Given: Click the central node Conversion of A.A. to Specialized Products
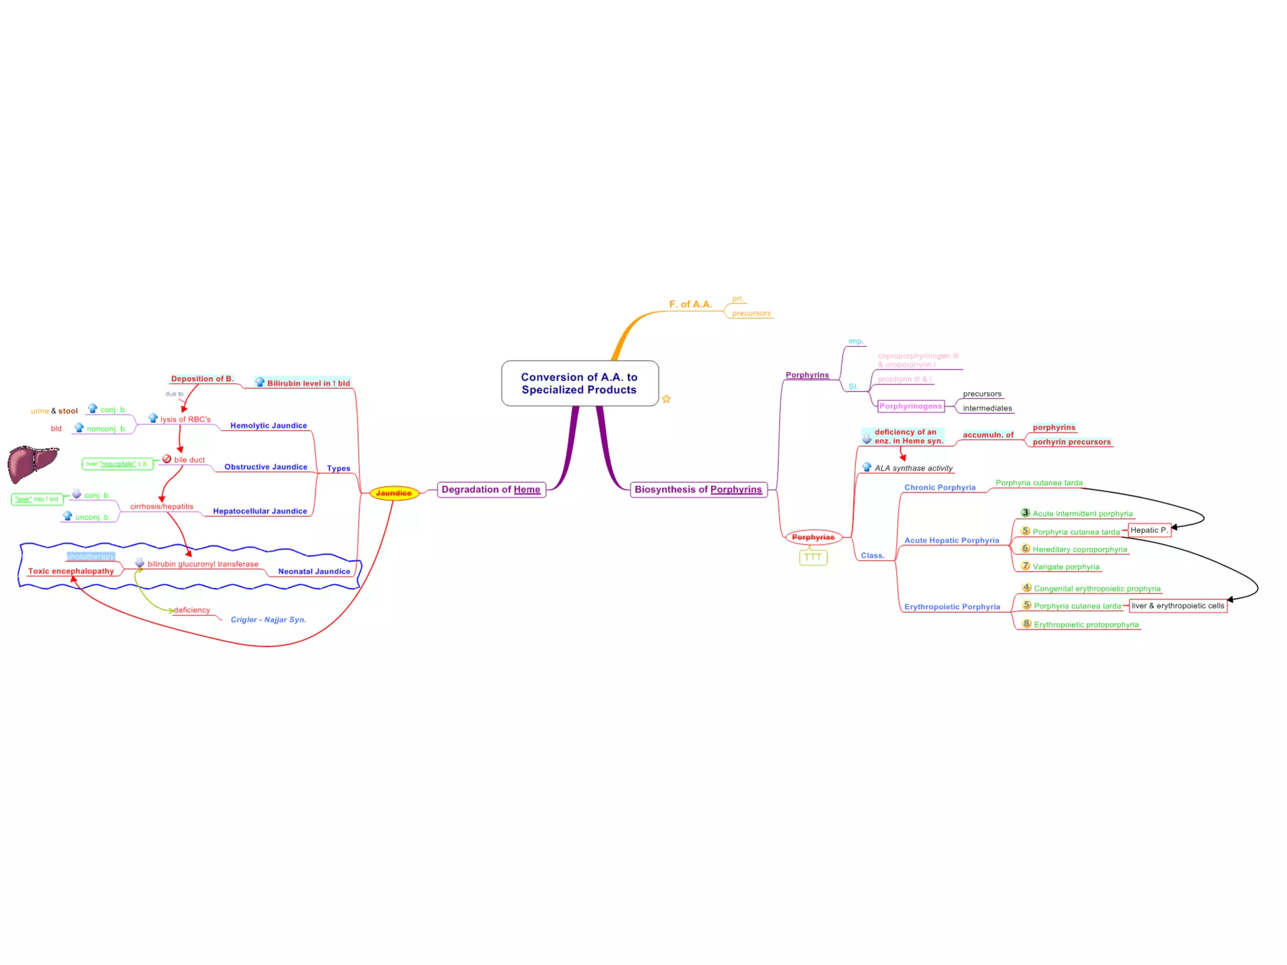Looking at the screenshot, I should pyautogui.click(x=579, y=383).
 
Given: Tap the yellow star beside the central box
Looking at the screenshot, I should pyautogui.click(x=666, y=399).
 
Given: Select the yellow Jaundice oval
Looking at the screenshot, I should pyautogui.click(x=394, y=493).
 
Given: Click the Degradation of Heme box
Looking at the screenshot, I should pyautogui.click(x=491, y=489).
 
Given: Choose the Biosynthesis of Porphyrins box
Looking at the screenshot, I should pyautogui.click(x=698, y=489).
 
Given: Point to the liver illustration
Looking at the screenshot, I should pyautogui.click(x=32, y=464).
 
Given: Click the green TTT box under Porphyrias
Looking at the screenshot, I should pyautogui.click(x=813, y=557).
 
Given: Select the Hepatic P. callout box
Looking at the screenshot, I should pyautogui.click(x=1149, y=530).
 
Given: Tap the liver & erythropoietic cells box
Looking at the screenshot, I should pyautogui.click(x=1178, y=606).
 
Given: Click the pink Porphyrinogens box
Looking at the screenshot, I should pyautogui.click(x=911, y=406).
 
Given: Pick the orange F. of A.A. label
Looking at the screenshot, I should pyautogui.click(x=690, y=304).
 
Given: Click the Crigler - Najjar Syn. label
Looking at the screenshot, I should pyautogui.click(x=268, y=619).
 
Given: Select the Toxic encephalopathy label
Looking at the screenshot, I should pyautogui.click(x=71, y=571).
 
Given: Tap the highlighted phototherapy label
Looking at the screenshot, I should pyautogui.click(x=90, y=557).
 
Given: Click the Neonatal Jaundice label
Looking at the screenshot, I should pyautogui.click(x=314, y=571).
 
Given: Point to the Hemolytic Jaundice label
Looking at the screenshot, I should pyautogui.click(x=268, y=425).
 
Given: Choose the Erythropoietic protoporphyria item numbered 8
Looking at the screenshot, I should pyautogui.click(x=1085, y=624).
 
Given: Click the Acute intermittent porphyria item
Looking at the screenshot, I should pyautogui.click(x=1082, y=514).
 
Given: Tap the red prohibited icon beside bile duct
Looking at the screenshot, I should pyautogui.click(x=167, y=459).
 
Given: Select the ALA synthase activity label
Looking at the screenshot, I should pyautogui.click(x=913, y=468).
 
